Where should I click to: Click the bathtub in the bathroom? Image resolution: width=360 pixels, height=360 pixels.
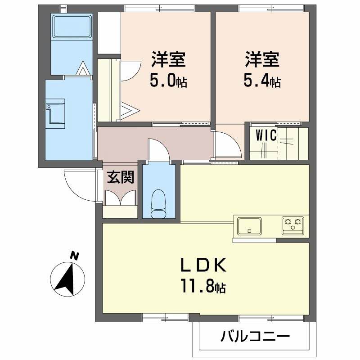pyautogui.click(x=72, y=27)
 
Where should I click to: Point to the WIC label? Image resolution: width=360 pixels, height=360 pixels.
pyautogui.click(x=265, y=135)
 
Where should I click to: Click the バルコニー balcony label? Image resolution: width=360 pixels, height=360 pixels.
pyautogui.click(x=255, y=336)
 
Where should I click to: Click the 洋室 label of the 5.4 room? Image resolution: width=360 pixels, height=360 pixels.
pyautogui.click(x=262, y=60)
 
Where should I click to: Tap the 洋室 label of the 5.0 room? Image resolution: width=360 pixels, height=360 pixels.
pyautogui.click(x=168, y=60)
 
